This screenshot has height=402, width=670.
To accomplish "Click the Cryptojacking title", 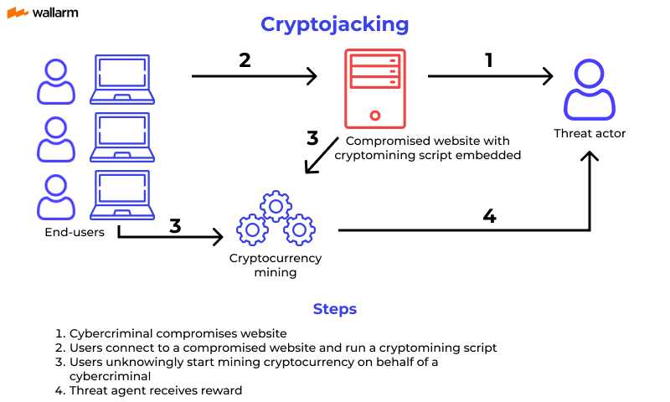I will tap(334, 24).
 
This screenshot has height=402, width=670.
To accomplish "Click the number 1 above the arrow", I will tap(489, 59).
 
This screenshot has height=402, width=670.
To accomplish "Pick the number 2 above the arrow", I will tap(245, 59).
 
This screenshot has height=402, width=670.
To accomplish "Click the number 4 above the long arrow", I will tap(489, 215).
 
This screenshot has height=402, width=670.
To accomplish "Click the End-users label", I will tap(75, 232).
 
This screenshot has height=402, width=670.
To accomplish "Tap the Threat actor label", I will tap(590, 134).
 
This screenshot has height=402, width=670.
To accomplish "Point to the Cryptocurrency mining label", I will tap(276, 265).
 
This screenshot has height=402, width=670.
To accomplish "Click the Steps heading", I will tap(334, 309).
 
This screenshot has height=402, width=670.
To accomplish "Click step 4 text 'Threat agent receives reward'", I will tap(155, 389).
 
